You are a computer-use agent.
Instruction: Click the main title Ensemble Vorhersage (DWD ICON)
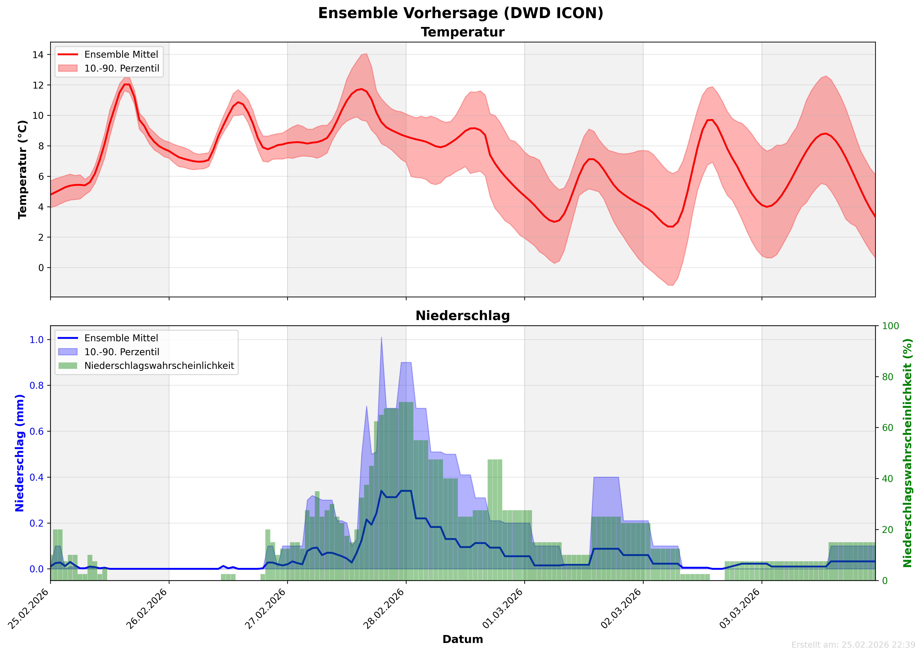(x=461, y=13)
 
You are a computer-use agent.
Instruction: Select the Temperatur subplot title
(x=463, y=32)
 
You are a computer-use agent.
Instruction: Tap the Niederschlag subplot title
(x=463, y=316)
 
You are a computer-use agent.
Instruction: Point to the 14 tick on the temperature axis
(x=38, y=55)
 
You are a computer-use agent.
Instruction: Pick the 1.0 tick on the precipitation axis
(x=37, y=340)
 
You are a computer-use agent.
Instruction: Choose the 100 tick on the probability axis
(x=890, y=326)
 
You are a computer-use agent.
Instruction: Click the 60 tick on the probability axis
(x=888, y=428)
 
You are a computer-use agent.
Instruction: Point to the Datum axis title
(x=463, y=639)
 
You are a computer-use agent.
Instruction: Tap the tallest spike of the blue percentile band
(x=381, y=338)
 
